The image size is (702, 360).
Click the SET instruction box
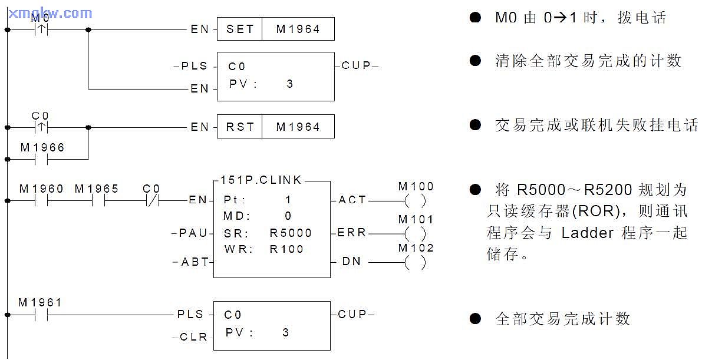[240, 29]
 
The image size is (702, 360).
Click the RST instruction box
[240, 127]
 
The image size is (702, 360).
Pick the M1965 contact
[98, 200]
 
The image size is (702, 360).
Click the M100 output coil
[416, 200]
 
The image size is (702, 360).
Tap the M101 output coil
[416, 233]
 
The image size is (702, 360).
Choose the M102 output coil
[416, 262]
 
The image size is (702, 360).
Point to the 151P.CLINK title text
[261, 180]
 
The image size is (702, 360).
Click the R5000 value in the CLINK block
[291, 233]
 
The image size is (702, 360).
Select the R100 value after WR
[286, 249]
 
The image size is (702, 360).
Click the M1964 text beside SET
[298, 29]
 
